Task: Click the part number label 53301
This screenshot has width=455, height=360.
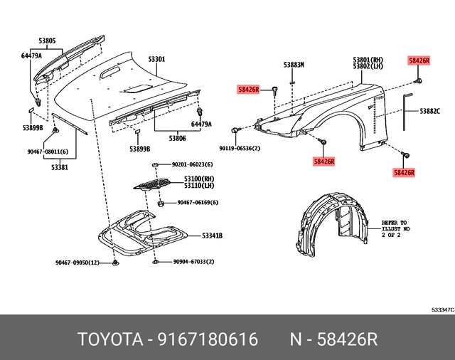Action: (x=157, y=59)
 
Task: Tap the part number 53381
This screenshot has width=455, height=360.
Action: (x=60, y=167)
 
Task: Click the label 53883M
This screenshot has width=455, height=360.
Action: (x=294, y=65)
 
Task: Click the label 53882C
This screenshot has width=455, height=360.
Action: (x=430, y=112)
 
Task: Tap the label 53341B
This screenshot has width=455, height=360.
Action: (x=212, y=235)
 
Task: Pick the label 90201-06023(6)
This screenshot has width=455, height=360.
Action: (x=194, y=165)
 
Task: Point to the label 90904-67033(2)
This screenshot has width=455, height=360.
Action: (x=194, y=263)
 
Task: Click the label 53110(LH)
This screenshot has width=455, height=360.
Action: (x=199, y=186)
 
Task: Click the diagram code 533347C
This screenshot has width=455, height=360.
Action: (x=441, y=310)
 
